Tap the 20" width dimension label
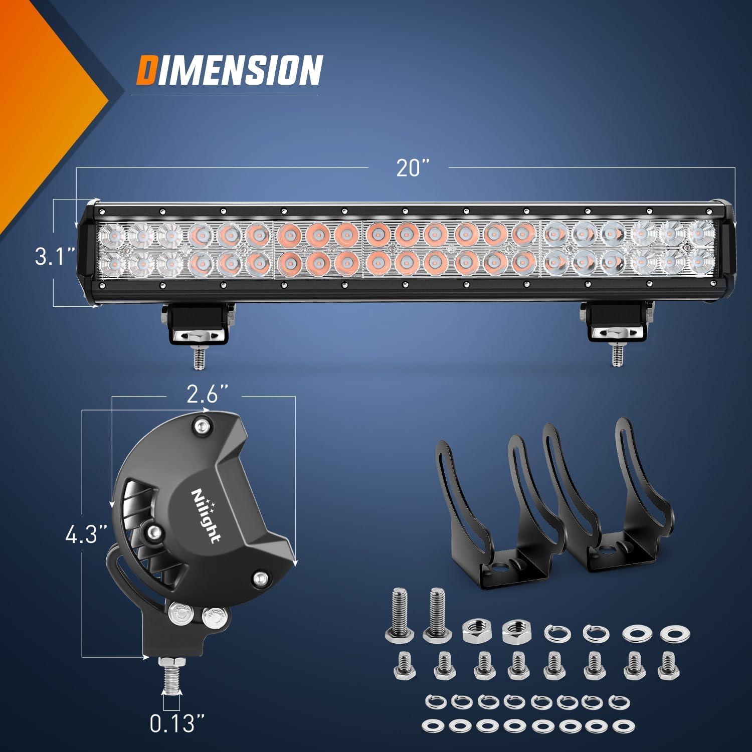coord(411,168)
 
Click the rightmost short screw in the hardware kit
coord(666,664)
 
